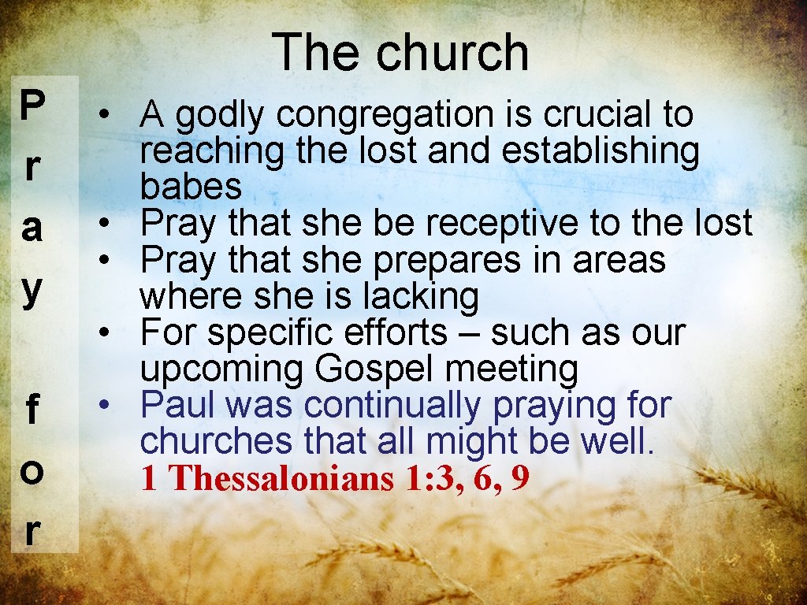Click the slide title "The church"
point(401,52)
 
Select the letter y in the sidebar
point(32,288)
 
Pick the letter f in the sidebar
point(32,411)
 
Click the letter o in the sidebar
point(32,471)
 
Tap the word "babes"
point(191,187)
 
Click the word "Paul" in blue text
point(173,406)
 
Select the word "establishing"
point(600,150)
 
